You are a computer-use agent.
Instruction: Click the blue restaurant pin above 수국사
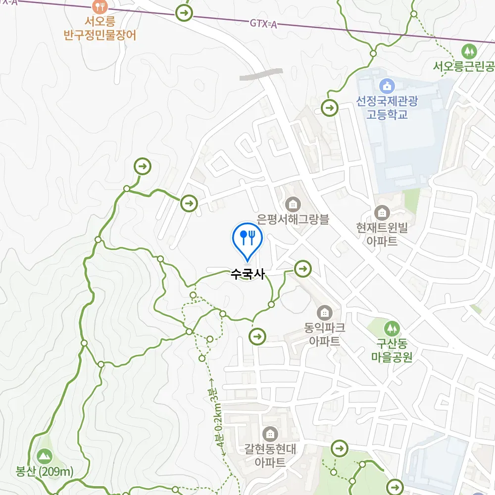tap(246, 238)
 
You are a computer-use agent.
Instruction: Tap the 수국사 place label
tap(247, 274)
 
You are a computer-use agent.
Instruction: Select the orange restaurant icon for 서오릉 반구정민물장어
tap(100, 6)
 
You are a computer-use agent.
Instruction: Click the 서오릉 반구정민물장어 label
tap(100, 29)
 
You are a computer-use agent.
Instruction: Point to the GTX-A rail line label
tap(263, 23)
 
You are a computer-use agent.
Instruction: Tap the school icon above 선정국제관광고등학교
tap(387, 86)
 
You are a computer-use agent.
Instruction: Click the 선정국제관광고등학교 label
tap(387, 108)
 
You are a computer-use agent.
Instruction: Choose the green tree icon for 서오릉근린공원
tap(468, 50)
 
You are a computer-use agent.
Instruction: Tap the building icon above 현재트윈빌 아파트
tap(382, 213)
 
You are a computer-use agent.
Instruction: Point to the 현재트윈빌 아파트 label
tap(382, 234)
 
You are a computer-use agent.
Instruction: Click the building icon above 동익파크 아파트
tap(325, 312)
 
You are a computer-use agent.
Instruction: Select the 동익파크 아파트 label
tap(325, 334)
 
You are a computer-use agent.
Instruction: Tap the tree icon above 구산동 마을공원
tap(392, 328)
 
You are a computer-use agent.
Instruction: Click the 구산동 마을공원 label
tap(392, 350)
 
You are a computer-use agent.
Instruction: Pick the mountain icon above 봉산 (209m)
tap(45, 455)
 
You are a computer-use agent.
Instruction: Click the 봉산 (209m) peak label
tap(45, 471)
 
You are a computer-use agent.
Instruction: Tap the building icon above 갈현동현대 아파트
tap(270, 434)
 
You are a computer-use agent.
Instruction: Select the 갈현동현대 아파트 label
tap(270, 456)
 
